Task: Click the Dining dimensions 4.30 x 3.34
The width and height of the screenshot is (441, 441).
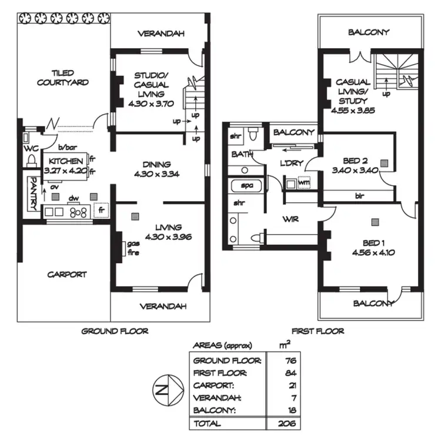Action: click(x=152, y=175)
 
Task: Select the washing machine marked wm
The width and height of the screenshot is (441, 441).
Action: click(x=303, y=183)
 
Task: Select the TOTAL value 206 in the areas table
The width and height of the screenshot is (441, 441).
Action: click(x=288, y=423)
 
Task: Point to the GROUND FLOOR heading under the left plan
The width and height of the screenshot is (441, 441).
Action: click(x=115, y=331)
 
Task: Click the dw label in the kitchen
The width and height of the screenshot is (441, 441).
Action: click(x=74, y=198)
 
